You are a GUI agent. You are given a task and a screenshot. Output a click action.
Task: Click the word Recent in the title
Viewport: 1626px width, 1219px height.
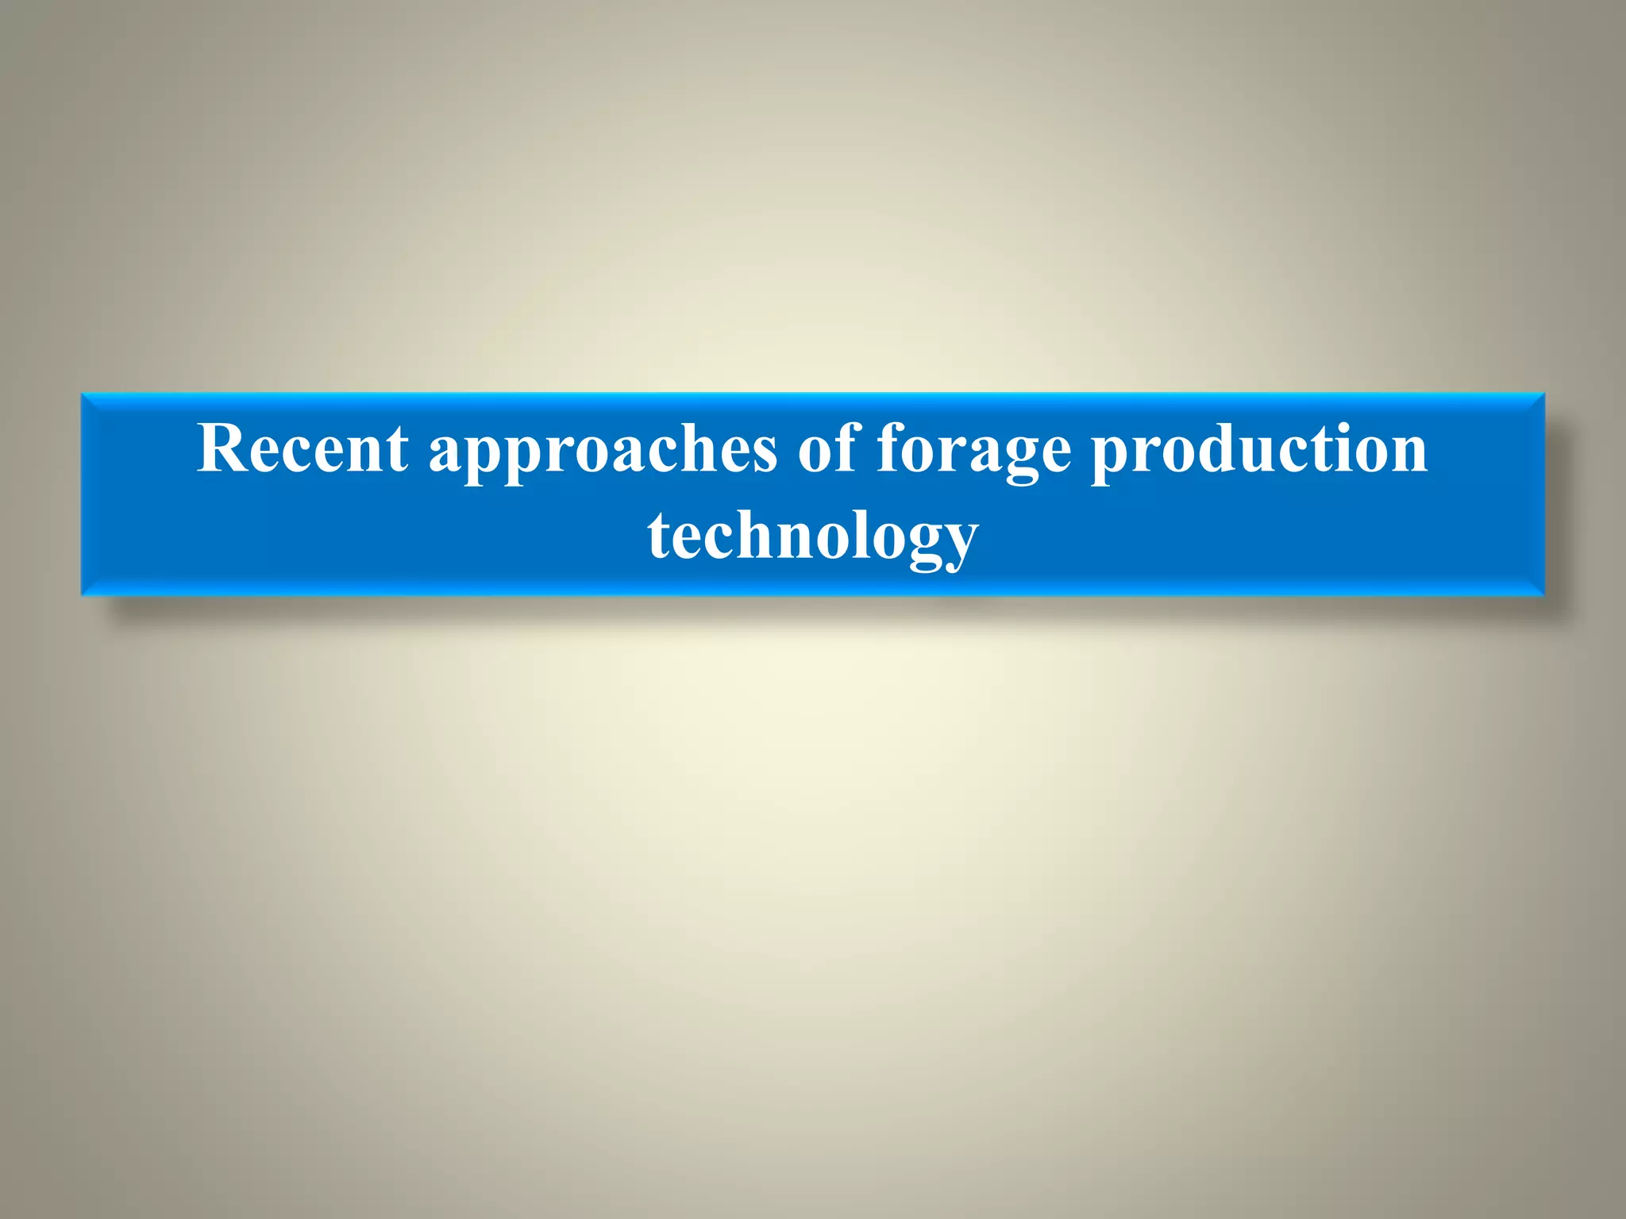tap(302, 448)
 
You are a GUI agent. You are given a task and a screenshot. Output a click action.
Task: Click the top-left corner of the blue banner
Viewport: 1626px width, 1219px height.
tap(82, 394)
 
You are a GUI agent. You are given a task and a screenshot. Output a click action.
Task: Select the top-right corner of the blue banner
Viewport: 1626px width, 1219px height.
tap(1544, 394)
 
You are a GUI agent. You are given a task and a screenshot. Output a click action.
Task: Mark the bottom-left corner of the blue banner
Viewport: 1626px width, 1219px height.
tap(82, 595)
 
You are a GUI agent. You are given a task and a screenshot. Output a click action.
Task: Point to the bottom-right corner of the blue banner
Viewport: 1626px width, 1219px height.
tap(1544, 595)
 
